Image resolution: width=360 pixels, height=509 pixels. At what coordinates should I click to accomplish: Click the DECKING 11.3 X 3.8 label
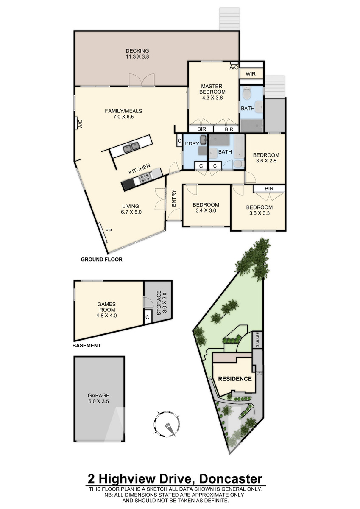(137, 53)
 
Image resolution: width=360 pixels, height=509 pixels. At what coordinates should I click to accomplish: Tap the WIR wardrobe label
(251, 74)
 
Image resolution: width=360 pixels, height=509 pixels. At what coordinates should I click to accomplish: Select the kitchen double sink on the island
(131, 147)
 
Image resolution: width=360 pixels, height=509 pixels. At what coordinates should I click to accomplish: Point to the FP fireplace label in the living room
(109, 231)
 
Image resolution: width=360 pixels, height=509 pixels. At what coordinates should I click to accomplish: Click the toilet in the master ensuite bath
(246, 92)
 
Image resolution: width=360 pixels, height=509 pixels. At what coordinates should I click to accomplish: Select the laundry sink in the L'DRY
(203, 139)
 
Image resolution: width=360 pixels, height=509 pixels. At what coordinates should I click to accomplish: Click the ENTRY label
(174, 198)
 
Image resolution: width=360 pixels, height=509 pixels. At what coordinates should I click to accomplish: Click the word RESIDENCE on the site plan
(235, 378)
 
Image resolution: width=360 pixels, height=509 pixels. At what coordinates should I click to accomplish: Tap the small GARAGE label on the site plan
(257, 339)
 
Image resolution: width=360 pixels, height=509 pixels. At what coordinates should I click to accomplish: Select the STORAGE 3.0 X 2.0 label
(162, 302)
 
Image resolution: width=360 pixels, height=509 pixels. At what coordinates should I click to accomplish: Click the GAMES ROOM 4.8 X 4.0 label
(106, 310)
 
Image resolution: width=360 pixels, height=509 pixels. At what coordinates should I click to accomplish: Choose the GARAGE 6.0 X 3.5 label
(98, 398)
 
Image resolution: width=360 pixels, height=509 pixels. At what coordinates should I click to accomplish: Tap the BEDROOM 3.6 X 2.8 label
(266, 158)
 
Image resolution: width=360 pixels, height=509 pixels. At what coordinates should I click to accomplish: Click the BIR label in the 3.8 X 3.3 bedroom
(269, 189)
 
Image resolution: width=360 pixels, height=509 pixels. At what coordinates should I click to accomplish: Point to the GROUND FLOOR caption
(101, 259)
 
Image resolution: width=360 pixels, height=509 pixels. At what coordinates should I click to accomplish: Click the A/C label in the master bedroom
(234, 67)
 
